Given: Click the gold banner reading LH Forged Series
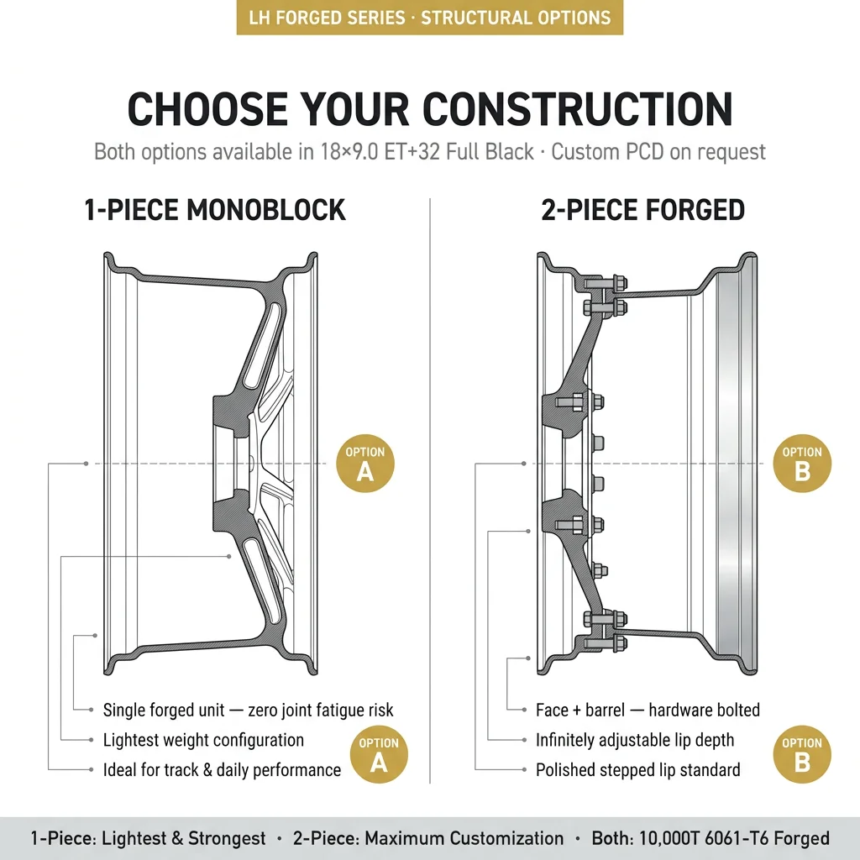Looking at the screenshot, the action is pos(430,18).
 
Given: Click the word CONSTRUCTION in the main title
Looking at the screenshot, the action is pos(578,109).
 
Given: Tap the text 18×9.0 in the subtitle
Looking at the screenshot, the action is pos(349,152).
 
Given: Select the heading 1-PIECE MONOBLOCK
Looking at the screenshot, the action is pos(214,210).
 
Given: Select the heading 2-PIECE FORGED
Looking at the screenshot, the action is pos(642,210).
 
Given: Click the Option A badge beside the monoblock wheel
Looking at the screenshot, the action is pos(365,464).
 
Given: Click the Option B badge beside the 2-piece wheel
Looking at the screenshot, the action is pos(802,464).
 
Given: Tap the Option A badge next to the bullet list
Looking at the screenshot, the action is pos(379,754).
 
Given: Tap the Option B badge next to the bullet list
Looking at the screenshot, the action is pos(802,754).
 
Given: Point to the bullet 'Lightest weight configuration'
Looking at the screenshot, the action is pos(203,740).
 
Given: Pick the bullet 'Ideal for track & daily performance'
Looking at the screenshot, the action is pos(222,770).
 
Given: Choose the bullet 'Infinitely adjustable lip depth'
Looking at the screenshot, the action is pos(635,740).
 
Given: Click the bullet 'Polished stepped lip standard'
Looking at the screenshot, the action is pos(638,770).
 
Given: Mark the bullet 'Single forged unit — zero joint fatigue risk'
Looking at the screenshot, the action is pos(248,711).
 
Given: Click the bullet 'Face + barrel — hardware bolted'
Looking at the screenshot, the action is pos(648,711).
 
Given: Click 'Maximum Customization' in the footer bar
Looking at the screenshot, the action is pos(464,839).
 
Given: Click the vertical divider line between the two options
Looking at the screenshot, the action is pos(430,490).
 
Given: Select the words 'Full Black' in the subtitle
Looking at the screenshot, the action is pos(490,152).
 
